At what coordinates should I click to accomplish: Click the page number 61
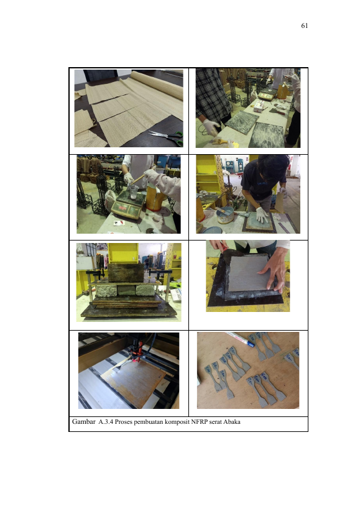pos(304,25)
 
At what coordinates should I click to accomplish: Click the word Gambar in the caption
pos(84,421)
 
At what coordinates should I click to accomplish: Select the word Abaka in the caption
pos(232,421)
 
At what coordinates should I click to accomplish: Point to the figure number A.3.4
pos(106,421)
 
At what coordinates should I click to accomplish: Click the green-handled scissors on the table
pos(167,137)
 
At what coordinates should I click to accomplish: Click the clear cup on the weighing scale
pos(134,191)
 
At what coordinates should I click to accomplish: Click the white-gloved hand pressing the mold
pos(262,214)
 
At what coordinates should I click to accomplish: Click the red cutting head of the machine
pos(136,350)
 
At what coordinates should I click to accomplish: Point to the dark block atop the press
pos(126,272)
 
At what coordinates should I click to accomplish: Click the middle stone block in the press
pos(126,290)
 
